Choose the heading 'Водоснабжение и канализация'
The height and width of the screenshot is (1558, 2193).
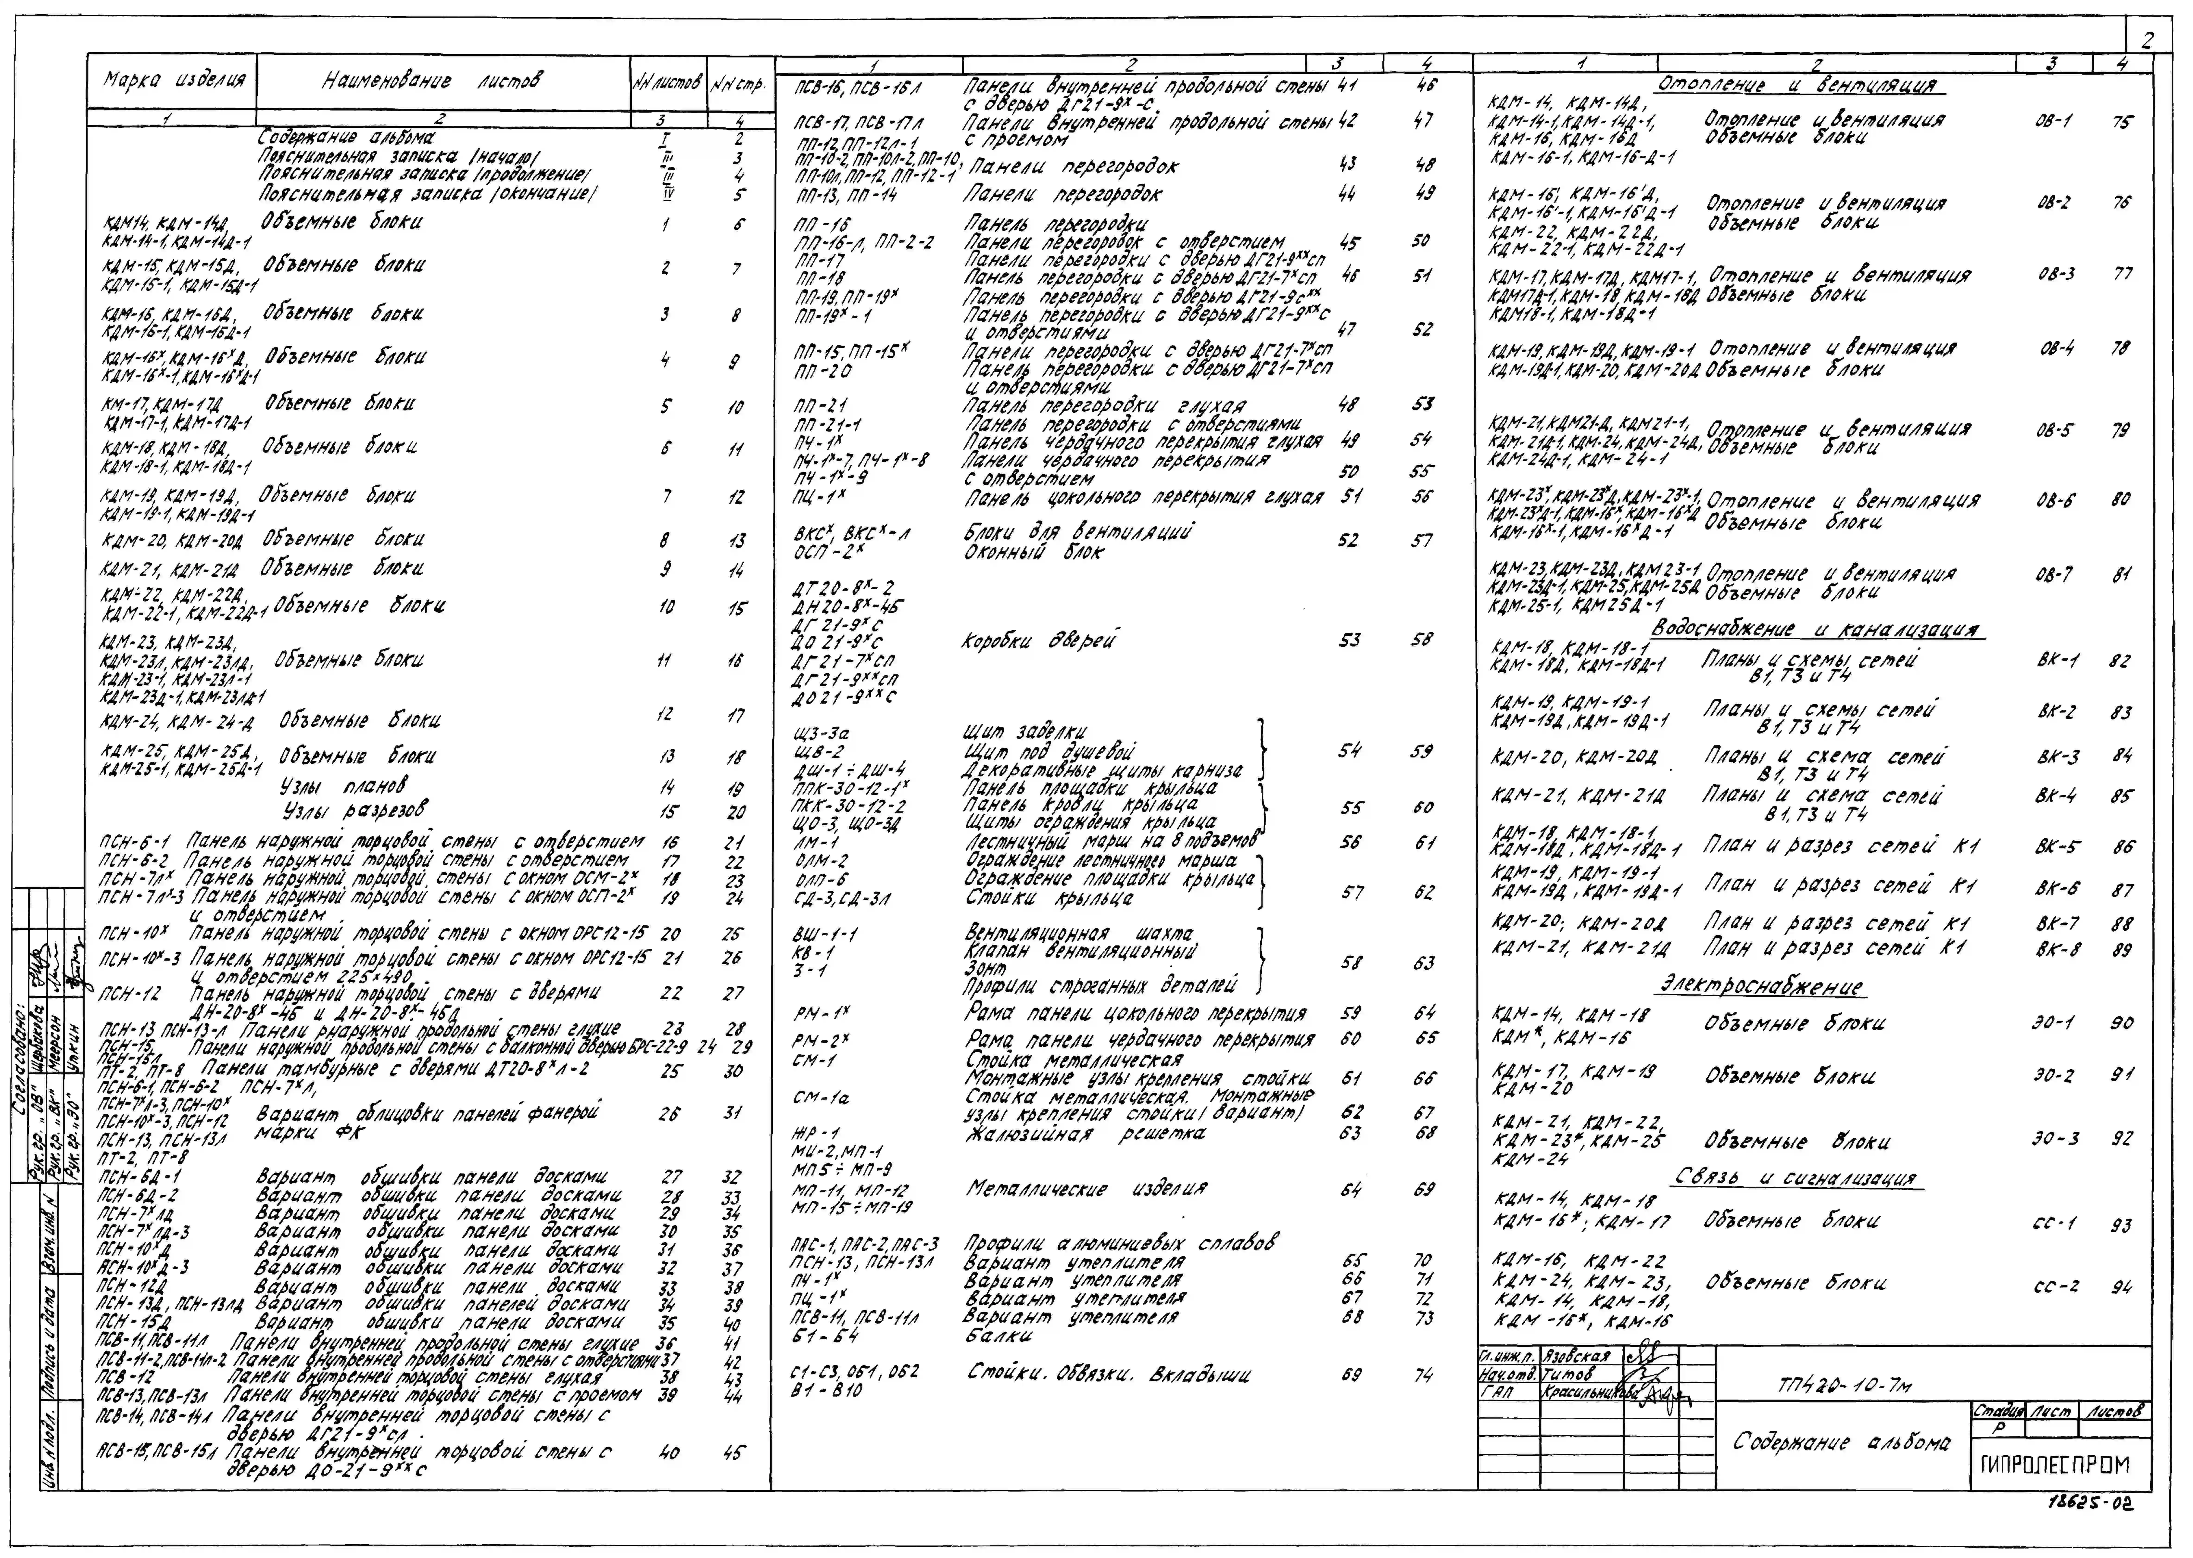(1816, 629)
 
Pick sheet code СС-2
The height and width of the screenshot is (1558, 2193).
(2055, 1286)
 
